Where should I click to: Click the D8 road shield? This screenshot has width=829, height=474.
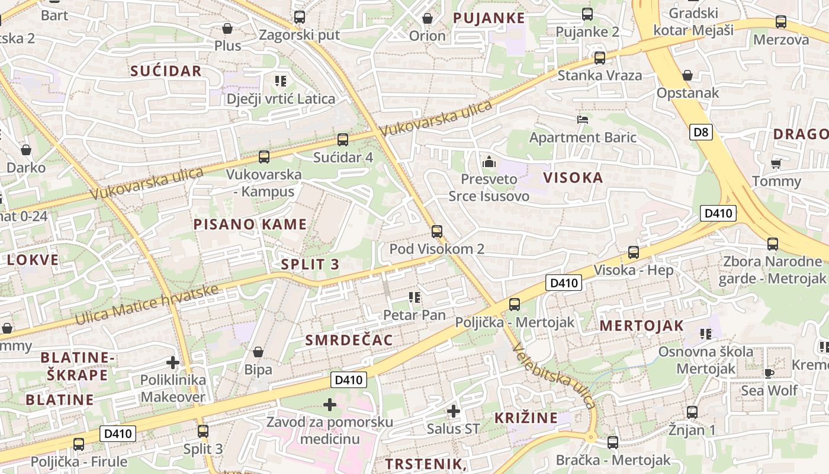click(x=701, y=132)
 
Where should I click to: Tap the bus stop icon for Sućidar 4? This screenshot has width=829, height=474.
click(x=342, y=140)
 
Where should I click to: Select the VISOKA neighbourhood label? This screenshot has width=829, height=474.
click(x=573, y=178)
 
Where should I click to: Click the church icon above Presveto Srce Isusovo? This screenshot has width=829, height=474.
click(x=489, y=161)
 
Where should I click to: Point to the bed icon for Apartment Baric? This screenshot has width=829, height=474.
click(x=583, y=120)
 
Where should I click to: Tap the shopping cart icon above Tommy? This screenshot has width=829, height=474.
click(x=776, y=164)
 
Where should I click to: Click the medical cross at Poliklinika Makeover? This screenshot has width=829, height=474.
click(x=173, y=362)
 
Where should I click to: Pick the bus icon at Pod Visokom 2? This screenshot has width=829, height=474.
click(x=436, y=232)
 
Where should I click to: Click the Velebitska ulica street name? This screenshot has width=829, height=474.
click(x=554, y=376)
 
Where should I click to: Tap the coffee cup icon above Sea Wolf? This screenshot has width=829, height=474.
click(x=769, y=373)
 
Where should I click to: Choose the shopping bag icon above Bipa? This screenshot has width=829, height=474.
click(x=258, y=352)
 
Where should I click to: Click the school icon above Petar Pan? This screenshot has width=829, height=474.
click(x=414, y=297)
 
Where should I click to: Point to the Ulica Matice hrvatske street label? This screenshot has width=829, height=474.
click(x=147, y=304)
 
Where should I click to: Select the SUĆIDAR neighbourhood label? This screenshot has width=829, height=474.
click(x=166, y=71)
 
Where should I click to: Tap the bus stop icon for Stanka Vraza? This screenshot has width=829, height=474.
click(x=600, y=58)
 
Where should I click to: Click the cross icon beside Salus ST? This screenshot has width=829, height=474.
click(x=453, y=411)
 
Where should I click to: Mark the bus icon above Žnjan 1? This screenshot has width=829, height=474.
click(x=692, y=412)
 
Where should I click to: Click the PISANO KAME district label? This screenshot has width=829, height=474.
click(x=250, y=224)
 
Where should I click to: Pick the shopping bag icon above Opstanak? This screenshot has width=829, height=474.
click(x=687, y=75)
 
